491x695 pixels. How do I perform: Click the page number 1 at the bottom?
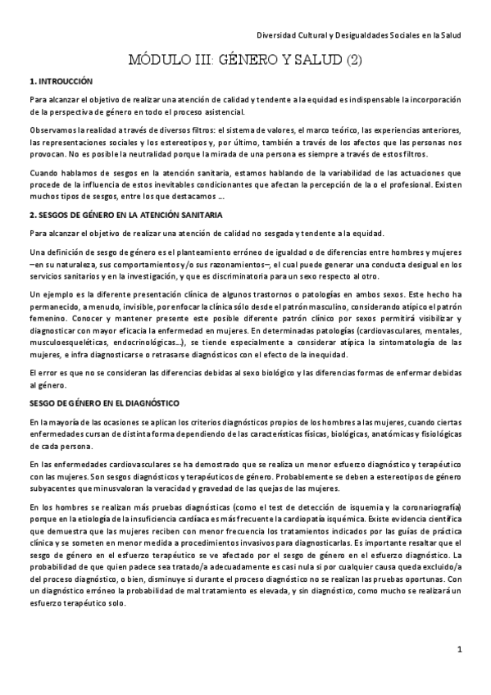(460, 650)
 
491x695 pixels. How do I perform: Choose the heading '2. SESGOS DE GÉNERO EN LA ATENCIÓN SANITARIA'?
(124, 215)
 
